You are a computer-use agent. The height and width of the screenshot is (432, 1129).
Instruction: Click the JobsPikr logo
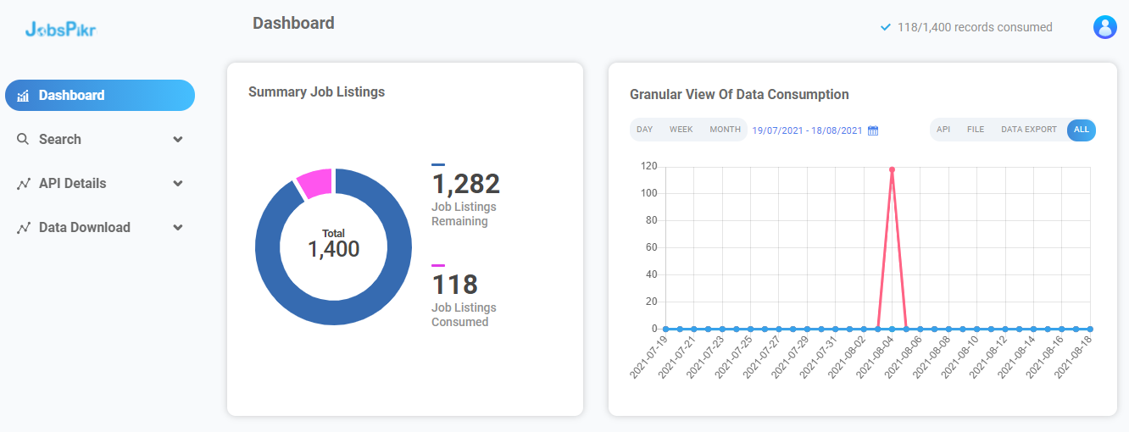pos(60,29)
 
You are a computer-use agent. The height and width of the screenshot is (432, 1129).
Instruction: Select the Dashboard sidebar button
pos(100,95)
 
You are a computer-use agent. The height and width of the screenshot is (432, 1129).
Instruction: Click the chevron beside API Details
pos(177,183)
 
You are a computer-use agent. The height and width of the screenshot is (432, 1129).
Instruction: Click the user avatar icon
pos(1104,27)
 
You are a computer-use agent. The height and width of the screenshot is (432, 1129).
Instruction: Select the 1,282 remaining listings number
pos(465,183)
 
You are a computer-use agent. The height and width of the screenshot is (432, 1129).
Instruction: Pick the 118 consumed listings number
pos(454,285)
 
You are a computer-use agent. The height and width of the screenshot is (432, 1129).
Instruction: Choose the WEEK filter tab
pos(681,130)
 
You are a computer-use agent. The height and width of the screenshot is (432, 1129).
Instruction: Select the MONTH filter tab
pos(725,130)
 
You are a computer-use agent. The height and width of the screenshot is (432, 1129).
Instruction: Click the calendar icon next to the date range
pos(873,130)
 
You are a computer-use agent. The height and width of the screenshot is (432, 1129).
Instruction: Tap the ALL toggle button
pos(1082,130)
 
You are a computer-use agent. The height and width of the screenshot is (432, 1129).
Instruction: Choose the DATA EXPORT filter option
pos(1029,130)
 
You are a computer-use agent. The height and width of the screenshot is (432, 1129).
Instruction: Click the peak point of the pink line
pos(893,169)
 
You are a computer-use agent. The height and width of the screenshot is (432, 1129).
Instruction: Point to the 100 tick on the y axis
pos(648,193)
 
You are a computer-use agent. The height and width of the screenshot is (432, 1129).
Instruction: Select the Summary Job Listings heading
pos(316,91)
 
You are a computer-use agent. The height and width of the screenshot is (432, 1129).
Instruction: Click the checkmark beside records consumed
pos(885,27)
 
